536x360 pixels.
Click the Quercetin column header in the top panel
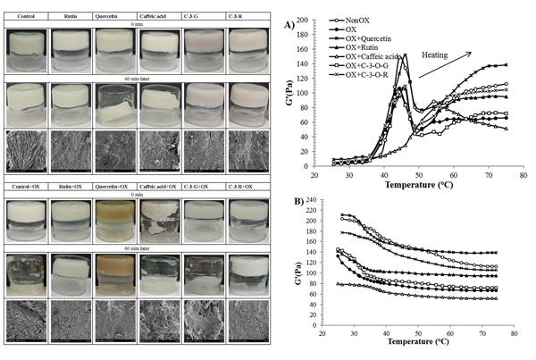point(115,14)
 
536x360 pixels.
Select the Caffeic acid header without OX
point(159,14)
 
